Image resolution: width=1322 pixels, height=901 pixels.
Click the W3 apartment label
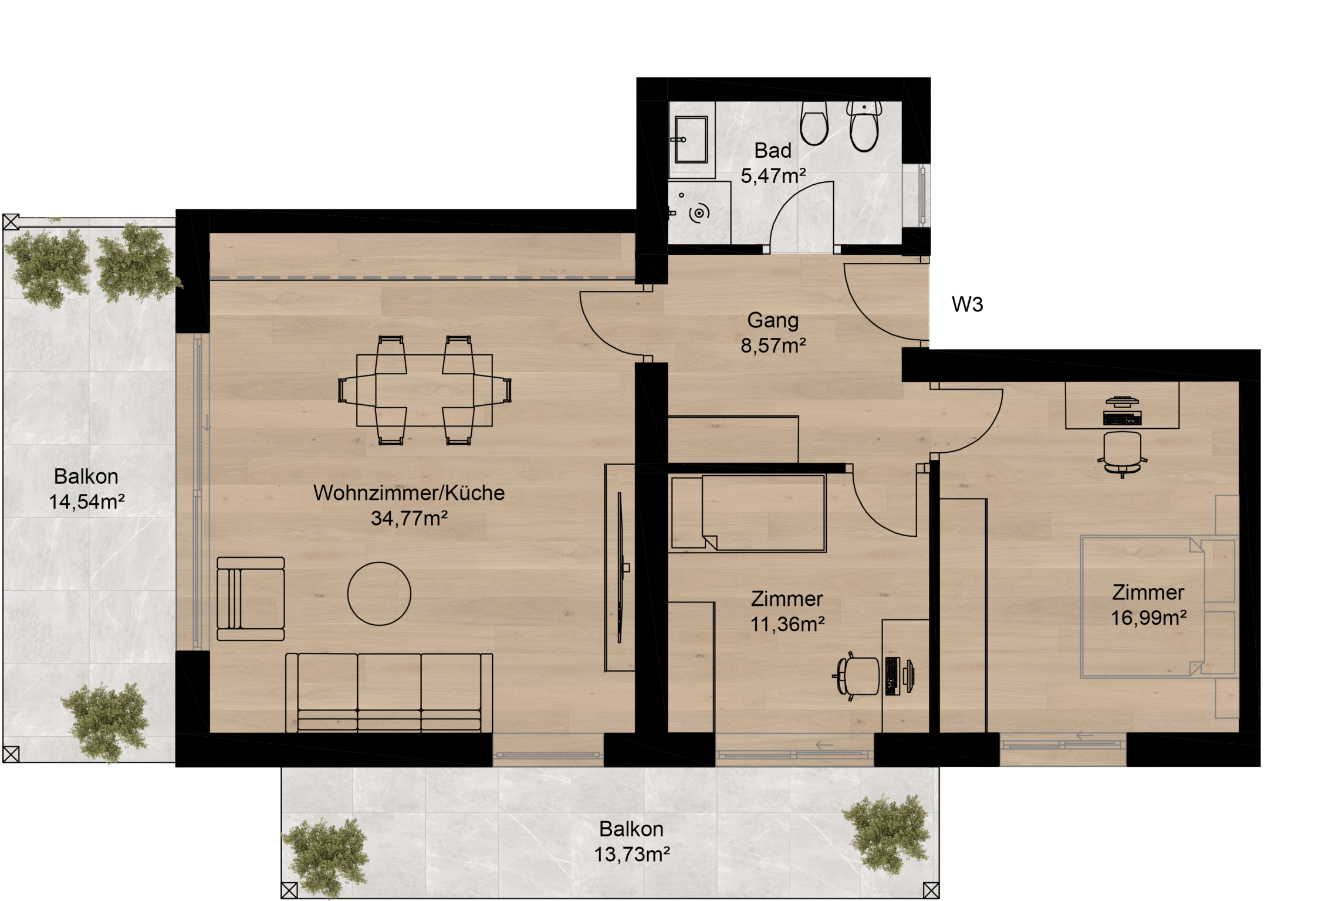[x=967, y=304]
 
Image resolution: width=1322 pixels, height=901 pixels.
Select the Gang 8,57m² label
[x=773, y=333]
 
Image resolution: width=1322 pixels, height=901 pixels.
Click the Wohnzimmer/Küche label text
[x=409, y=493]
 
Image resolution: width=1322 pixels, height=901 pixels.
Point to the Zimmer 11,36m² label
[x=787, y=611]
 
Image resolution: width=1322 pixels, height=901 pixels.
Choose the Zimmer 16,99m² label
[x=1148, y=605]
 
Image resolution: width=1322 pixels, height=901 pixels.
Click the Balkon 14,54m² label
[x=86, y=489]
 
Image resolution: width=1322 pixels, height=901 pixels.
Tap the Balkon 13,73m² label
[x=631, y=842]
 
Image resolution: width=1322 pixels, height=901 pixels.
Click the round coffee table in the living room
[x=379, y=594]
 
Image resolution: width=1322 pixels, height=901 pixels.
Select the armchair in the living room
[x=251, y=598]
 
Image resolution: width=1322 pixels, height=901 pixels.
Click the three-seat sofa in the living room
[x=389, y=692]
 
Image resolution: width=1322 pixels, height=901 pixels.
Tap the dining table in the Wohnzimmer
[x=424, y=390]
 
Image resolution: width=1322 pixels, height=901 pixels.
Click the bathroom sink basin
[x=691, y=139]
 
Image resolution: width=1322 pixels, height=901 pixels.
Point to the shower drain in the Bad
[x=698, y=214]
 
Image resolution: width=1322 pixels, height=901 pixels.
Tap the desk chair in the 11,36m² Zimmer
[x=857, y=676]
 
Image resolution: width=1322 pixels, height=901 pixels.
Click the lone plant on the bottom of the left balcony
[x=106, y=722]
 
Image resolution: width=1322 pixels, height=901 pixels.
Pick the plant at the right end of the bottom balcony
[x=886, y=834]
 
